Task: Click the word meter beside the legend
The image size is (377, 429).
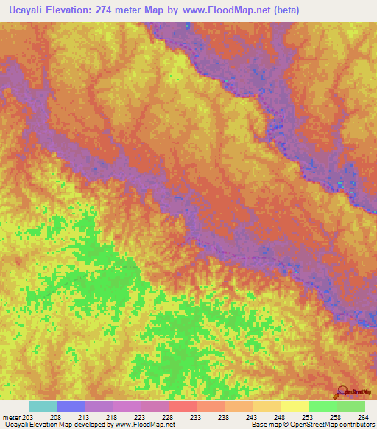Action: pyautogui.click(x=11, y=416)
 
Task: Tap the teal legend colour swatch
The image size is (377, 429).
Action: pyautogui.click(x=43, y=406)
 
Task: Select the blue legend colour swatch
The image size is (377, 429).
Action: pyautogui.click(x=71, y=406)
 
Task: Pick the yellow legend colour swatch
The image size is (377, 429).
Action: pyautogui.click(x=295, y=406)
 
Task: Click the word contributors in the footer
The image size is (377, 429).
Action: pyautogui.click(x=356, y=425)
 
